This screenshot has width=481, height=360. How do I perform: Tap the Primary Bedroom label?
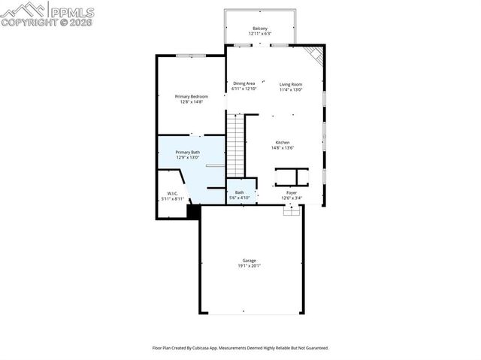pyautogui.click(x=191, y=96)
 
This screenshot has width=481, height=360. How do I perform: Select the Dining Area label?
pyautogui.click(x=244, y=83)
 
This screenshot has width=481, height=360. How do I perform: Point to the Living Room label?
pyautogui.click(x=291, y=83)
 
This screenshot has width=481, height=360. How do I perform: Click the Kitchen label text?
pyautogui.click(x=282, y=142)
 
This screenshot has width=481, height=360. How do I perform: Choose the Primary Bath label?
pyautogui.click(x=188, y=152)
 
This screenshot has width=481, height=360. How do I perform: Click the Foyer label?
pyautogui.click(x=290, y=193)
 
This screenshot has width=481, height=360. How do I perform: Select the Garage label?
pyautogui.click(x=249, y=261)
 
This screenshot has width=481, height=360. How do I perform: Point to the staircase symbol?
pyautogui.click(x=237, y=143)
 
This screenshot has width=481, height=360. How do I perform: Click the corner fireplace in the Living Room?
pyautogui.click(x=316, y=55)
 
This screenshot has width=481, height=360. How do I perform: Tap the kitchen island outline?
pyautogui.click(x=292, y=177)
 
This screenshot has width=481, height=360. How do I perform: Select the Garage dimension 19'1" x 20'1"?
pyautogui.click(x=249, y=265)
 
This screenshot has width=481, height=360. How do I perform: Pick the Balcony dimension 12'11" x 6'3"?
pyautogui.click(x=260, y=34)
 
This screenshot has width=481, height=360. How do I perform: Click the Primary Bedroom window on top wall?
pyautogui.click(x=192, y=55)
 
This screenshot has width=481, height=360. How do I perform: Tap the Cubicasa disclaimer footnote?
pyautogui.click(x=240, y=348)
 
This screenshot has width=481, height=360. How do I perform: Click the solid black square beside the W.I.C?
pyautogui.click(x=193, y=212)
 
